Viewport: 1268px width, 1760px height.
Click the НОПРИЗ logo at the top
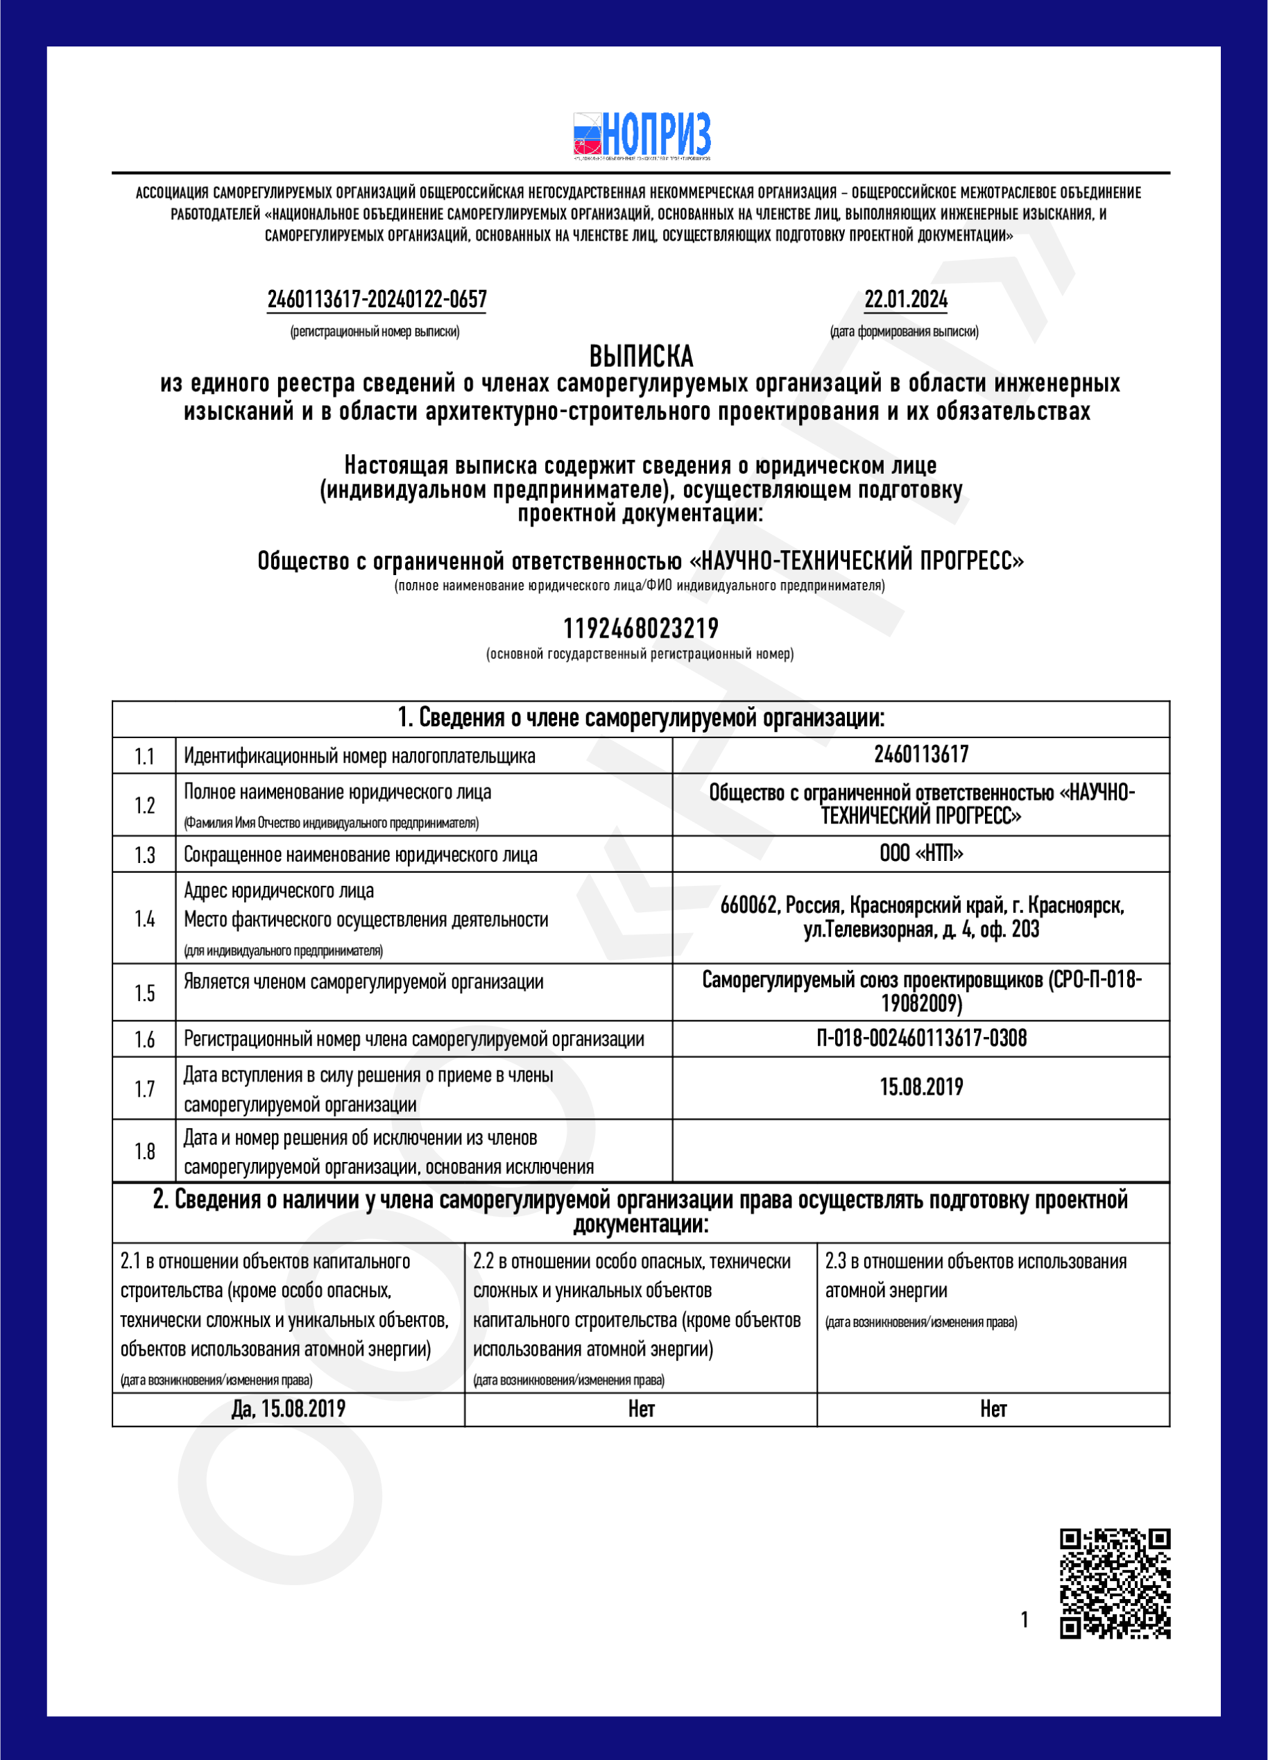click(642, 136)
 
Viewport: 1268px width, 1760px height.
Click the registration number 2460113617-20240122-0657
click(377, 300)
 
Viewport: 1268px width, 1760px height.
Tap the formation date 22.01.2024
click(906, 300)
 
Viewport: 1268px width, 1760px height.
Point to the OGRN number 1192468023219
click(641, 628)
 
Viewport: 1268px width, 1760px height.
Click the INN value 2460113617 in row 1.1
click(921, 754)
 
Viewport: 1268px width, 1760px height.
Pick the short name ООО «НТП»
click(921, 853)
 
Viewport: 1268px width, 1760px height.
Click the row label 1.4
click(144, 919)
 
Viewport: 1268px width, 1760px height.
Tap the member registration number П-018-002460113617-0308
click(921, 1039)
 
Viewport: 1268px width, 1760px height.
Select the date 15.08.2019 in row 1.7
click(921, 1087)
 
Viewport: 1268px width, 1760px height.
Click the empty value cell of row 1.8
click(921, 1151)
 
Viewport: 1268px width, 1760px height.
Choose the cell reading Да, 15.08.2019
click(289, 1409)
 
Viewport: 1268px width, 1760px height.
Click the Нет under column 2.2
click(641, 1409)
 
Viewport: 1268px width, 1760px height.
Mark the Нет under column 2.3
click(993, 1409)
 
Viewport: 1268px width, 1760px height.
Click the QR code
click(1115, 1584)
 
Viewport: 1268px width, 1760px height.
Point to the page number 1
click(1025, 1620)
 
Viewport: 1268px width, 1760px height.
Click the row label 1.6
click(144, 1039)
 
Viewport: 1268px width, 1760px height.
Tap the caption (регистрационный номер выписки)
click(375, 332)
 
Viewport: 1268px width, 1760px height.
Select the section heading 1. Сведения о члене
click(641, 718)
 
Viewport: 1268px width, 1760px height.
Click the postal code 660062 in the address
click(749, 905)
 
